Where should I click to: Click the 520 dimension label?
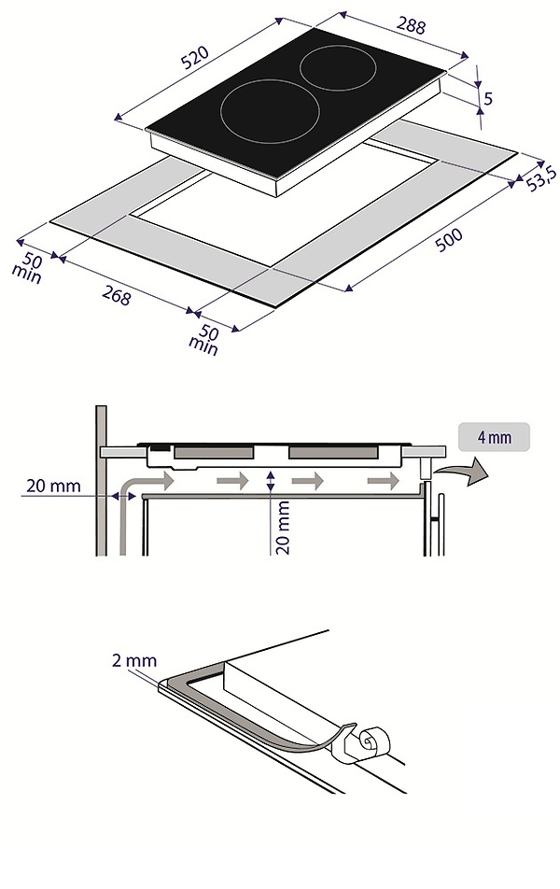(x=195, y=57)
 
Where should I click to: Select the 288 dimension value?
(x=411, y=25)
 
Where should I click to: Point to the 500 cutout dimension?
(x=449, y=240)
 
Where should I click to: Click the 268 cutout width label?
(x=117, y=294)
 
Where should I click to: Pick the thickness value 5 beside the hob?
(x=488, y=98)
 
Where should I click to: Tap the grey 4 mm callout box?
(x=495, y=437)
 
